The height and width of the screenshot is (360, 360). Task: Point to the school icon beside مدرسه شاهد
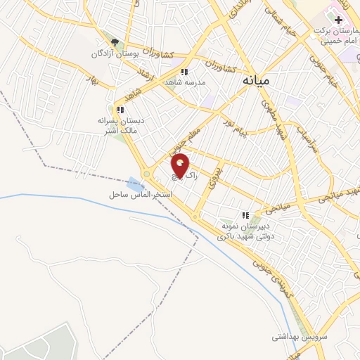coord(184,72)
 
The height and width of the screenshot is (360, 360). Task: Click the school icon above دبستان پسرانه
coord(121,110)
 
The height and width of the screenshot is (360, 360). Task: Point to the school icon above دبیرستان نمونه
coord(245,215)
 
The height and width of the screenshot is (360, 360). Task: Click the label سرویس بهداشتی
coord(300,337)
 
